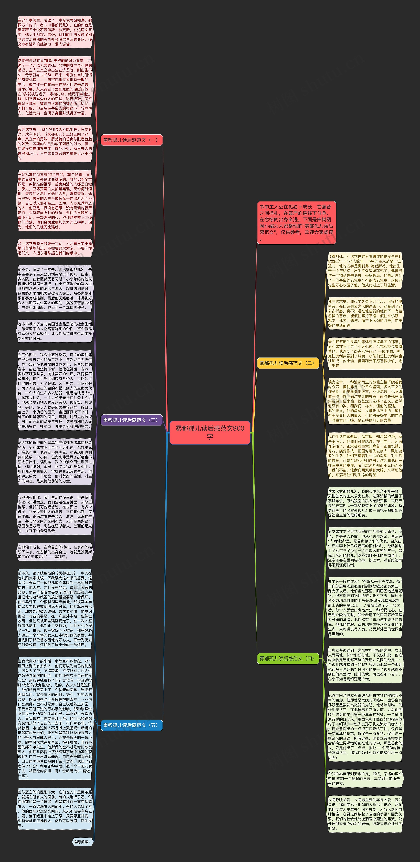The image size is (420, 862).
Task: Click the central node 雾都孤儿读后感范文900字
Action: (210, 432)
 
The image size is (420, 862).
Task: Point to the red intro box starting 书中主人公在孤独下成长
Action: (296, 223)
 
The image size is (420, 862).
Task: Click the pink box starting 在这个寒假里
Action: (55, 32)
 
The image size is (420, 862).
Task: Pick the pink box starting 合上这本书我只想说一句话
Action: (55, 248)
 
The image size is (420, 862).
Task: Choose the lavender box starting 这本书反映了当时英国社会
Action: (55, 331)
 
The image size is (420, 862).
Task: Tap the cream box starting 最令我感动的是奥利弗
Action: (365, 354)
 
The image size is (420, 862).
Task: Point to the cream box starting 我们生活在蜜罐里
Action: (365, 455)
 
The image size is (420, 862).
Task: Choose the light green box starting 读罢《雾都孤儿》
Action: (365, 503)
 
